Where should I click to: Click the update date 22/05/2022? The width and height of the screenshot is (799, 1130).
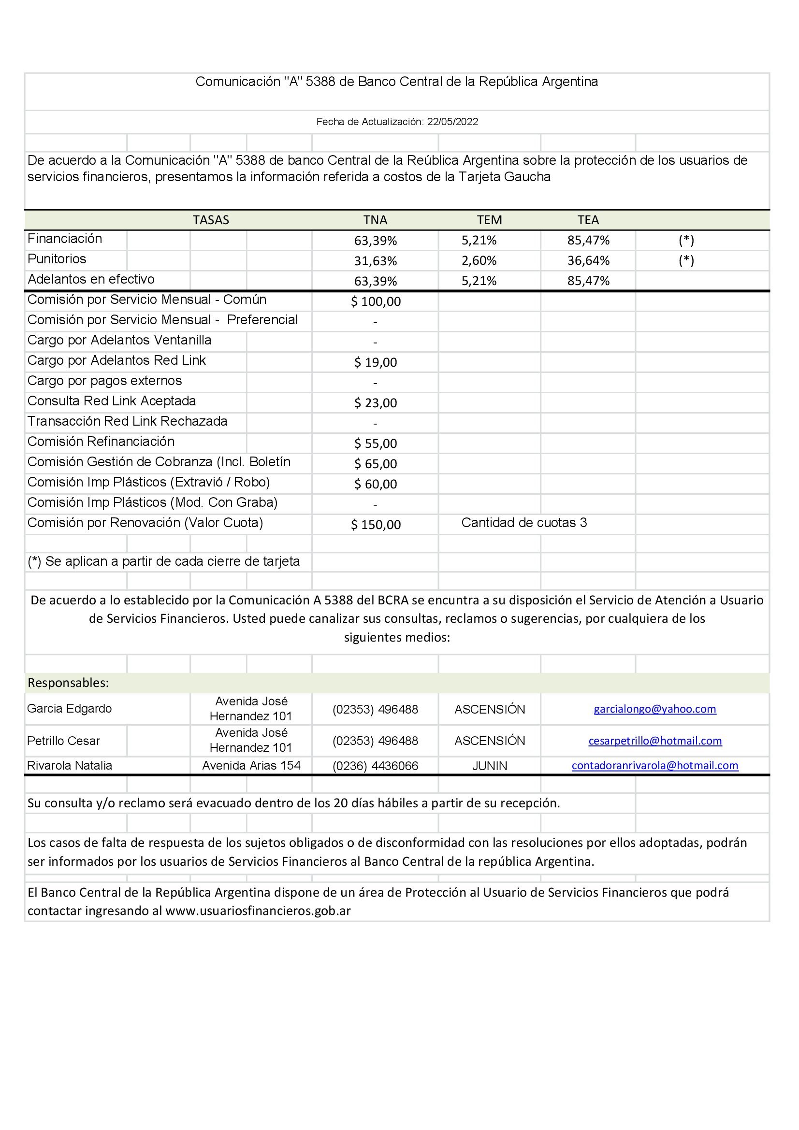point(452,122)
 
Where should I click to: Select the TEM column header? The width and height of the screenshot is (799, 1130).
point(489,220)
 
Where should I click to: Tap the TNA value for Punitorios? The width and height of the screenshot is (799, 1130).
point(375,261)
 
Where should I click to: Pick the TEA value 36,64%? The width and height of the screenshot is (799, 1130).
point(588,260)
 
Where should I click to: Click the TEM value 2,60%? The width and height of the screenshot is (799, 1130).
point(479,260)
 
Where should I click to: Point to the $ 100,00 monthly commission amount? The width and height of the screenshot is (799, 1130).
point(376,301)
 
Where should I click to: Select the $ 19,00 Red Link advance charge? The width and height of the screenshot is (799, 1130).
point(376,363)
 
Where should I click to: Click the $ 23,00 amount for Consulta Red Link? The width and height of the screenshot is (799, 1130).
point(376,403)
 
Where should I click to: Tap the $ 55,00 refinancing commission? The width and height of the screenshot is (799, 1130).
point(376,444)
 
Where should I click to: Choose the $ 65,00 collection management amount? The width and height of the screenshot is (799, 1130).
point(376,464)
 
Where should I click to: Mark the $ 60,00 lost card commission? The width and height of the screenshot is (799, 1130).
point(376,484)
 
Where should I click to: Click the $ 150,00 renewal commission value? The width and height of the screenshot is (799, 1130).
point(376,525)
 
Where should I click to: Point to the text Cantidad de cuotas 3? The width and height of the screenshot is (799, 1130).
point(524,523)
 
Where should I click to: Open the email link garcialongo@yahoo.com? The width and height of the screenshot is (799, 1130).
point(655,709)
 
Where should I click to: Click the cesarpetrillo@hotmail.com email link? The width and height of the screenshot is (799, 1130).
point(655,741)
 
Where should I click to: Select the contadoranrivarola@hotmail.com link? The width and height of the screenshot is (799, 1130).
point(655,766)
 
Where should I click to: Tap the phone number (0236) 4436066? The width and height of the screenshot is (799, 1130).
point(375,766)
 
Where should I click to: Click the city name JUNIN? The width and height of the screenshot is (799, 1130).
point(489,766)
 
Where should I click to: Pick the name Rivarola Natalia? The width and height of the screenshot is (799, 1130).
point(70,766)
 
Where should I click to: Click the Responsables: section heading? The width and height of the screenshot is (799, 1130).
point(69,683)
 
